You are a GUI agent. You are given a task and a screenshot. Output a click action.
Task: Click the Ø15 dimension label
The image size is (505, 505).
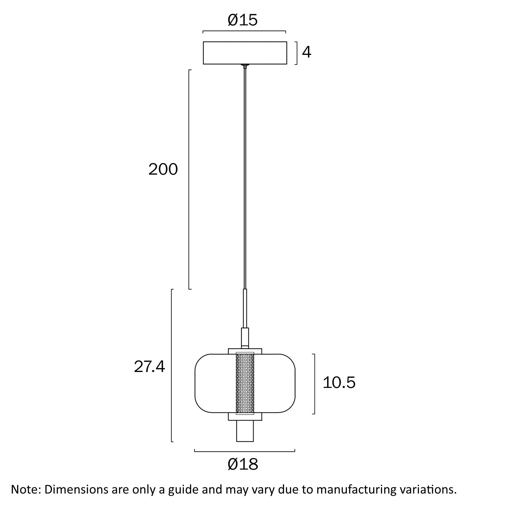click(242, 20)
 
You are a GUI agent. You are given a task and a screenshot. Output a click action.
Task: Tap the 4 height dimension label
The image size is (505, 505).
click(307, 53)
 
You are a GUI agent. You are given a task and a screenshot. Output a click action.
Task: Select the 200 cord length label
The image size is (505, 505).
click(163, 170)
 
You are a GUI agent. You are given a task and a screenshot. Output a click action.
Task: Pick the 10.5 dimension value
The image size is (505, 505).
click(339, 383)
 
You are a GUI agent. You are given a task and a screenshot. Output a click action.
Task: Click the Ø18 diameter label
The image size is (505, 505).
click(243, 465)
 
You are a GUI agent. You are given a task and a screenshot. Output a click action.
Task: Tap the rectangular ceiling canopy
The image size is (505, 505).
click(245, 53)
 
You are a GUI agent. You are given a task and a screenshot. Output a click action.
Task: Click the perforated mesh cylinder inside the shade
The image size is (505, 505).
click(245, 383)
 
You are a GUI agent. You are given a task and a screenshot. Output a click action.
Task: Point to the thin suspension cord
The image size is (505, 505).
click(245, 177)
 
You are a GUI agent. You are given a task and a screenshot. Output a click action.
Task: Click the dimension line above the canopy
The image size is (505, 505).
click(244, 31)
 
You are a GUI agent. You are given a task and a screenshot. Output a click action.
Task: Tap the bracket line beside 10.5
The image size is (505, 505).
click(314, 384)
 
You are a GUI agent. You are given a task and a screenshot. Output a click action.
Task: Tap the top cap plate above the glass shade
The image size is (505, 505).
click(245, 351)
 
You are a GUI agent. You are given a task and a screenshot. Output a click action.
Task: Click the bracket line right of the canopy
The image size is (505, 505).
click(297, 53)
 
